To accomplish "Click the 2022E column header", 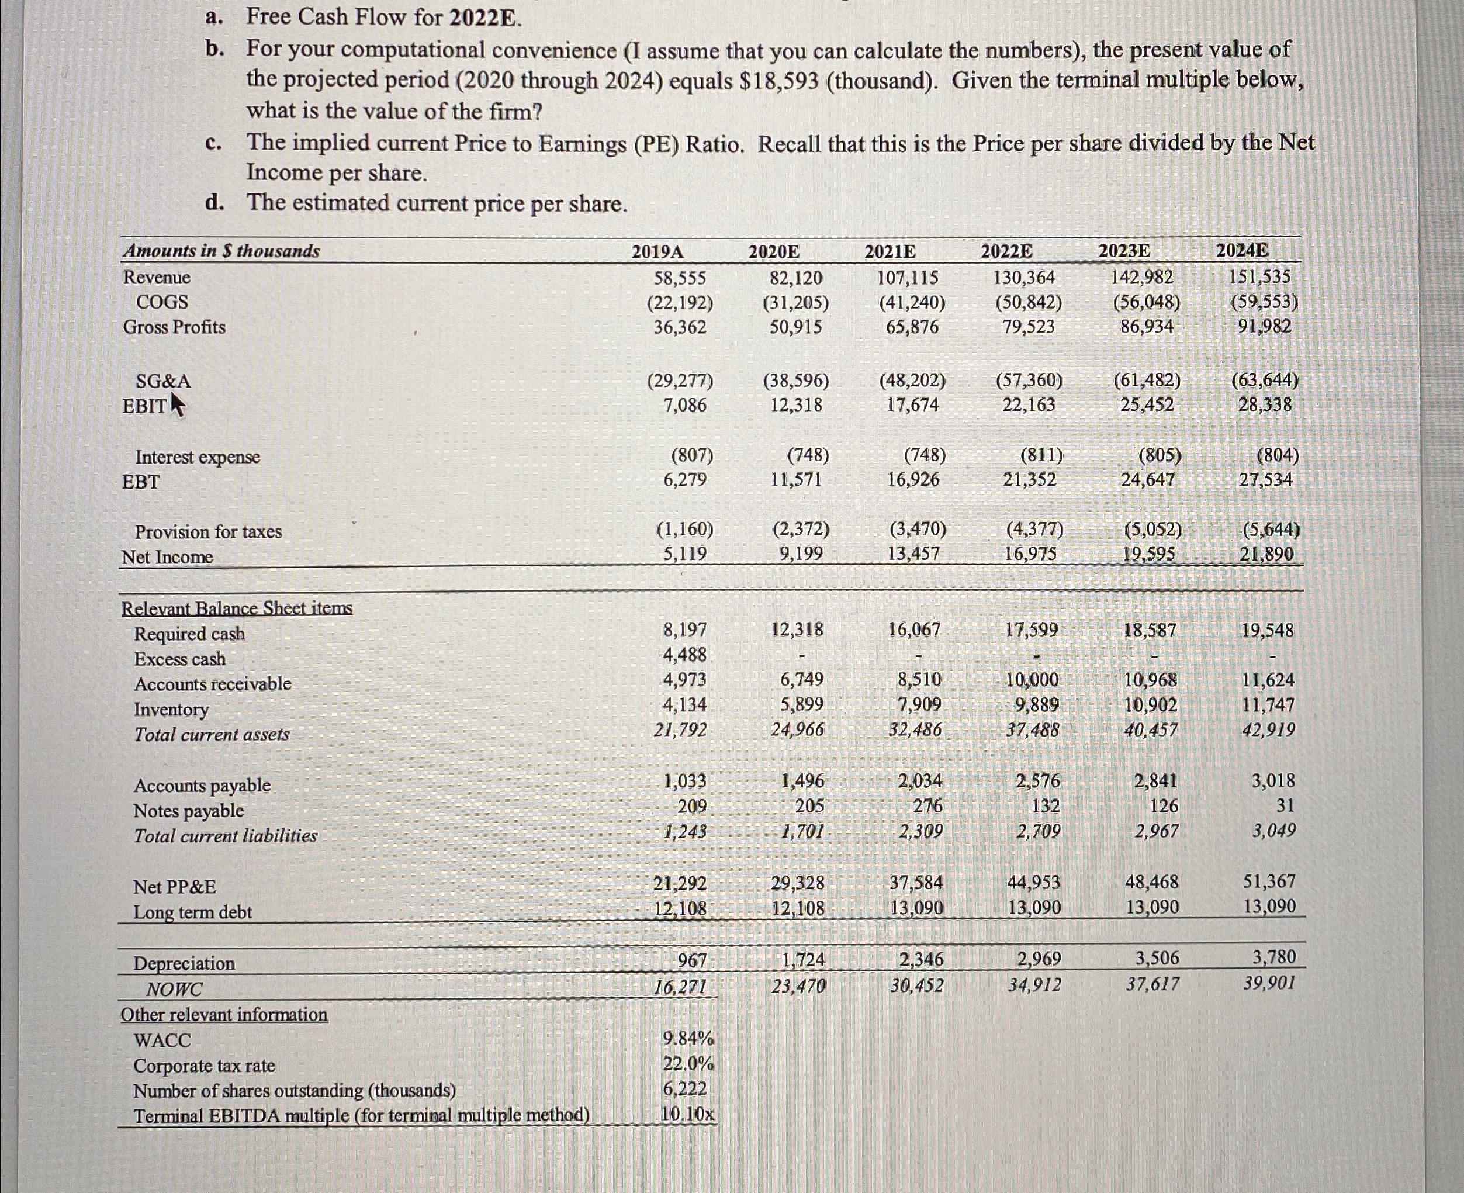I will (x=1006, y=251).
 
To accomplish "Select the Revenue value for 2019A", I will (x=680, y=278).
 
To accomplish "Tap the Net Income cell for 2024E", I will (x=1266, y=554).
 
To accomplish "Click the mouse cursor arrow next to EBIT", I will (x=177, y=404).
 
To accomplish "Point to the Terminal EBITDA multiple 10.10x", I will (x=688, y=1114).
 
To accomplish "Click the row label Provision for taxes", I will (x=207, y=532).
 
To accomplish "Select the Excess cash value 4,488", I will (x=684, y=655).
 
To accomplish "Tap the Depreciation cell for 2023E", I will (x=1152, y=958).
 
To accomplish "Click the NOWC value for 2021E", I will (x=917, y=985).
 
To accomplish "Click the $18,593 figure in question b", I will (x=779, y=81).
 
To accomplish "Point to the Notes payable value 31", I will (x=1284, y=805).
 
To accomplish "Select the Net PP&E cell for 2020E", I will (x=797, y=883).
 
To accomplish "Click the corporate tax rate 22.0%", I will (x=688, y=1064).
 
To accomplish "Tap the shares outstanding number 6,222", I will (x=684, y=1088).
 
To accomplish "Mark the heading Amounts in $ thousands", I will (x=221, y=251).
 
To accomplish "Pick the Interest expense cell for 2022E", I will (x=1041, y=455).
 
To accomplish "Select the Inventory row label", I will (x=171, y=709).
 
